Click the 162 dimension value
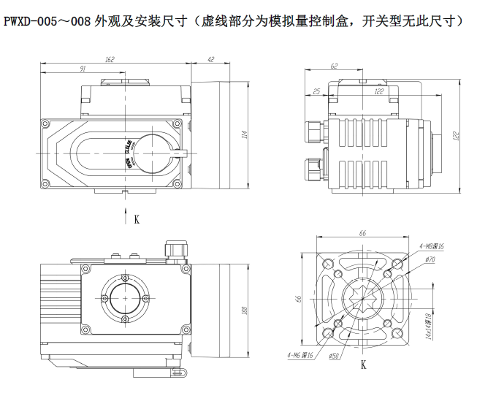[x=110, y=59]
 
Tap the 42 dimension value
[x=210, y=59]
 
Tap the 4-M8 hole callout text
[x=432, y=246]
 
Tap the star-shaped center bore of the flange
[x=362, y=300]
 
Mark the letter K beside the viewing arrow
[x=137, y=218]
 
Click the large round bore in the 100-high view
[x=125, y=300]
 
